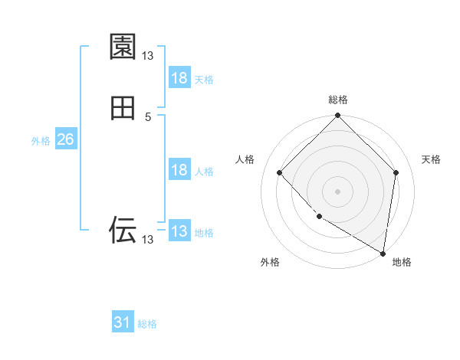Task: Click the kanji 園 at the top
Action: (x=123, y=47)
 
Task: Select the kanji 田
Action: (x=123, y=109)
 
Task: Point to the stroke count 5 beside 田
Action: (x=148, y=117)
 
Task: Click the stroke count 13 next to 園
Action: (x=148, y=55)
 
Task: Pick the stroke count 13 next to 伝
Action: (x=148, y=240)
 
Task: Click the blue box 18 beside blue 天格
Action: (x=179, y=78)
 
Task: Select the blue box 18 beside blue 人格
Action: (x=179, y=170)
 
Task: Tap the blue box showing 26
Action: (x=65, y=139)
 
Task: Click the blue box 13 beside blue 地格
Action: (x=179, y=231)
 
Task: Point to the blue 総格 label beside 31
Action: (x=147, y=324)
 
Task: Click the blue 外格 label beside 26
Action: (x=41, y=141)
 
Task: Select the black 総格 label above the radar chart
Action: (x=338, y=100)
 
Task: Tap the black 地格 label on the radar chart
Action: (x=402, y=262)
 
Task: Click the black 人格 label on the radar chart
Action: (x=245, y=159)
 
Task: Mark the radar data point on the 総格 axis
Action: (x=338, y=117)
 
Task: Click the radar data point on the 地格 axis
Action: (x=383, y=253)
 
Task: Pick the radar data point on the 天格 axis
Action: (x=396, y=172)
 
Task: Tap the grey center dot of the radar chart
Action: (x=338, y=191)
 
